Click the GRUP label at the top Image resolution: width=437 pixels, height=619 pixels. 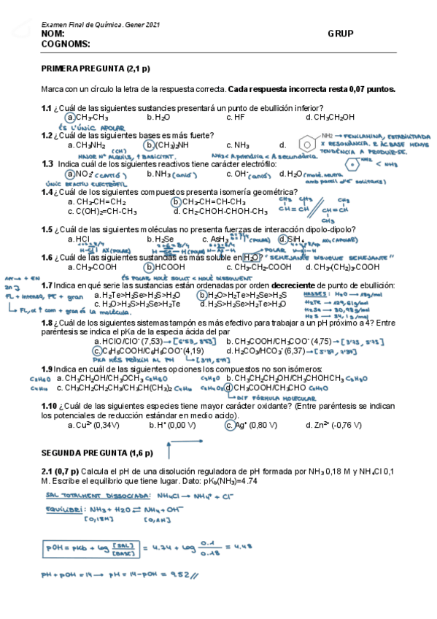(x=341, y=34)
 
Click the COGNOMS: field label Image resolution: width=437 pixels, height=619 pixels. (x=66, y=44)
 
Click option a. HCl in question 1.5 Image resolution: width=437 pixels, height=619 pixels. (x=78, y=239)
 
